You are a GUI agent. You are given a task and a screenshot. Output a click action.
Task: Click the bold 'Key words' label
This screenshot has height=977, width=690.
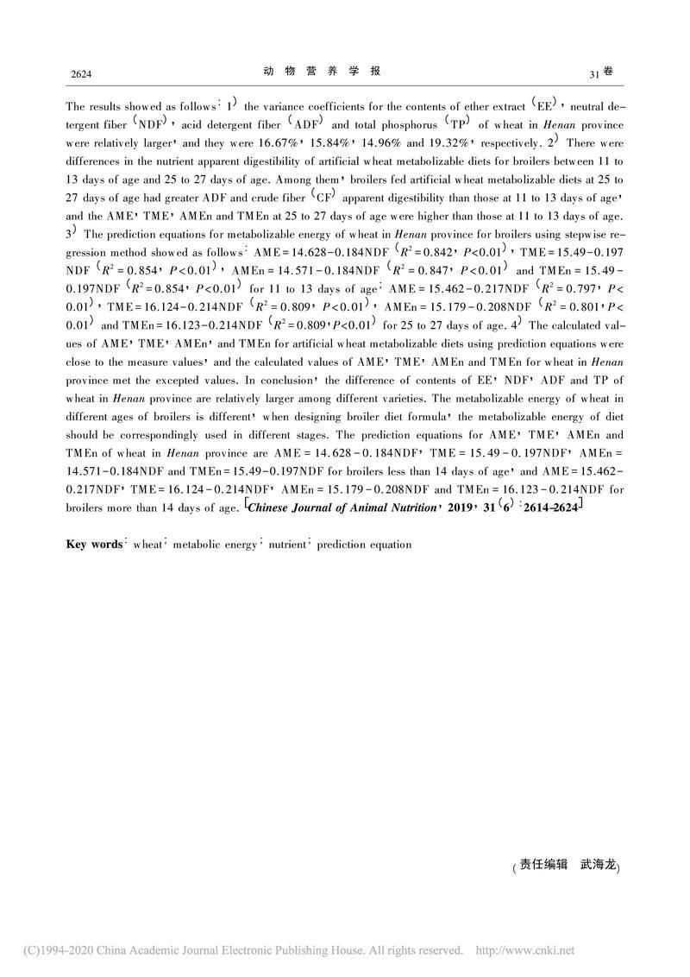click(x=94, y=545)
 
